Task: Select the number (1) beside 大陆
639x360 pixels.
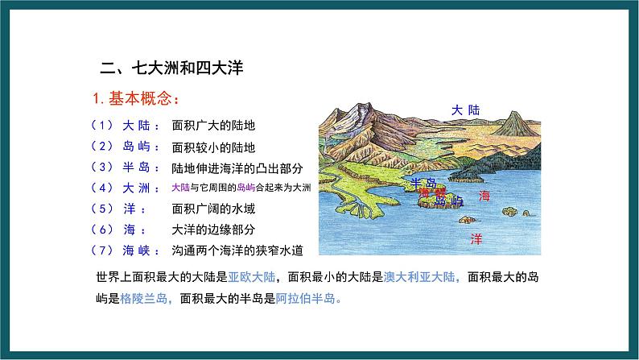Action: [105, 126]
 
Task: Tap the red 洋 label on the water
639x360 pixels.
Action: [476, 239]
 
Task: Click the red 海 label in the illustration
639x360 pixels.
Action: [483, 196]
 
